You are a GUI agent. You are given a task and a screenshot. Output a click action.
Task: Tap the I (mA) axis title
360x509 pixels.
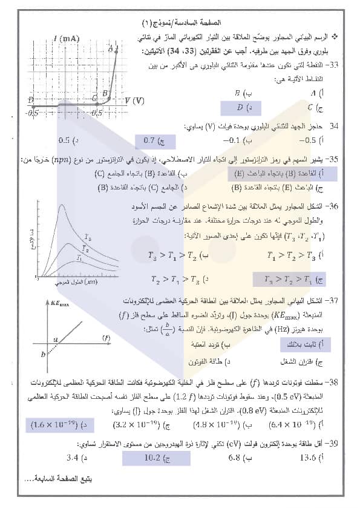tap(67, 38)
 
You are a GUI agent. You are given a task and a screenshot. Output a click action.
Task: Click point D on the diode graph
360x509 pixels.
tap(31, 100)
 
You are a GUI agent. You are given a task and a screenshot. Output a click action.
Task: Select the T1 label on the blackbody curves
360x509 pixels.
tap(79, 258)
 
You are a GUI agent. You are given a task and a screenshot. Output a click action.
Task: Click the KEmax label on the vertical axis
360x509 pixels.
tap(61, 304)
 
